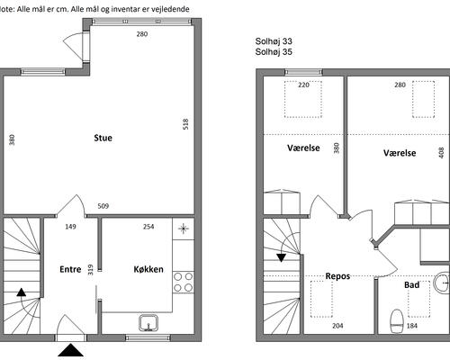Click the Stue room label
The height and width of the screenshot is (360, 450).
(103, 138)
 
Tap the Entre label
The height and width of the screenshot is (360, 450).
(70, 269)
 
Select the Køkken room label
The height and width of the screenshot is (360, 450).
(148, 269)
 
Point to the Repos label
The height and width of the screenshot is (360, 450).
(337, 276)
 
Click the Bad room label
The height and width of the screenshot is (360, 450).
(412, 284)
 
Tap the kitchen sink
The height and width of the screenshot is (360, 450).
(148, 323)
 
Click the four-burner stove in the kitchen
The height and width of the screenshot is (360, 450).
(183, 282)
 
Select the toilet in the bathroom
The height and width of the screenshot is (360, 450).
(396, 321)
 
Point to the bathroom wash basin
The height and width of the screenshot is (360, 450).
(441, 283)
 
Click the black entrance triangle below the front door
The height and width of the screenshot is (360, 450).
(70, 350)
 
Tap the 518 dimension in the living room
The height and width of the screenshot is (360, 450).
(185, 124)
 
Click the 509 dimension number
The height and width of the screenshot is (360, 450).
(103, 206)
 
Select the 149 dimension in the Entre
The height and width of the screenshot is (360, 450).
(70, 227)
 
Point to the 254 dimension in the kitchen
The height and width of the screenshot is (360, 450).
(148, 227)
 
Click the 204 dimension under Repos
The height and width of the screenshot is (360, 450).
(337, 326)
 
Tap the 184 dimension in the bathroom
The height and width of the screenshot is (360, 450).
(412, 326)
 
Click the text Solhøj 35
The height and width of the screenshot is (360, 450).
(274, 52)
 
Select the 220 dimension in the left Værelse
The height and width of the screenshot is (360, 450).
(303, 85)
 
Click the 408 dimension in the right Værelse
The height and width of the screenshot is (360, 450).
(441, 153)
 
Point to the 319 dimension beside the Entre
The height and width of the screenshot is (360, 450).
(90, 269)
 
